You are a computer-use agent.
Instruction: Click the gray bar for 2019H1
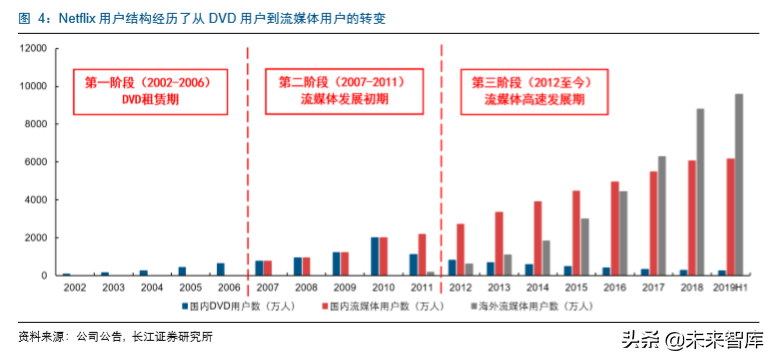tap(739, 185)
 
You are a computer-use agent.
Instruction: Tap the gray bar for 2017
tap(661, 216)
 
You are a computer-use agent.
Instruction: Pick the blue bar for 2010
tap(374, 256)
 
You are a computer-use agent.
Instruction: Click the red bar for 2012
tap(460, 249)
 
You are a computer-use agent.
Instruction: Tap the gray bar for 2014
tap(546, 258)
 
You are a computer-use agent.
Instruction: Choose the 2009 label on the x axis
tap(344, 287)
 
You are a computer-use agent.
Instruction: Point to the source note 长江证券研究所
tap(171, 336)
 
